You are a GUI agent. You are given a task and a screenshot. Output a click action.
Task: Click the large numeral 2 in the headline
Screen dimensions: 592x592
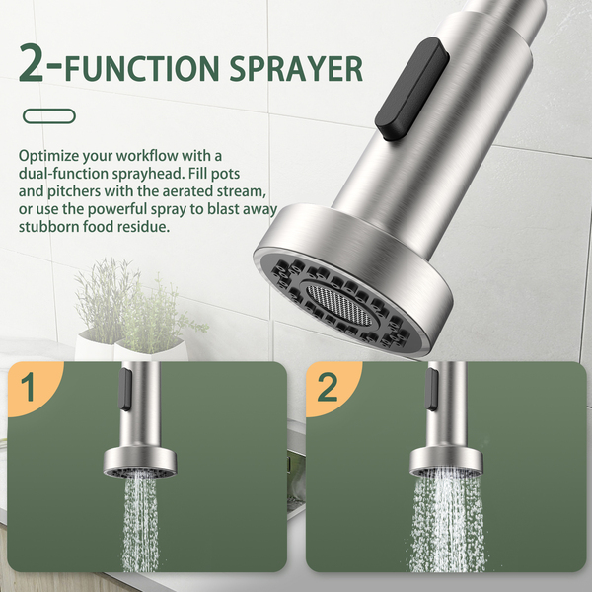(x=32, y=62)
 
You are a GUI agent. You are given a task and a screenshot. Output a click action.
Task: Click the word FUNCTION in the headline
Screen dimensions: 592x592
(x=142, y=69)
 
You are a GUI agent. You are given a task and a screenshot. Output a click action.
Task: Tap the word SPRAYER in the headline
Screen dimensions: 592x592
(x=296, y=69)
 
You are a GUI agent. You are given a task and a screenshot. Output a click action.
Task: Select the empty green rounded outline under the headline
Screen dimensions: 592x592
(x=49, y=116)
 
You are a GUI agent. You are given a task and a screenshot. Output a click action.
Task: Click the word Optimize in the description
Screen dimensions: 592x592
(x=48, y=156)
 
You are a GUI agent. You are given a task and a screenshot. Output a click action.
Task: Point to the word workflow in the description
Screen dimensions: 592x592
(x=148, y=156)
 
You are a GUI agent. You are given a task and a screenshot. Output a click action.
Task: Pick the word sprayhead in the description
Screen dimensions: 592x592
(x=148, y=174)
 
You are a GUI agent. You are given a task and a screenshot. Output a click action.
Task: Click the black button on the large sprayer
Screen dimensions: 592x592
(x=411, y=89)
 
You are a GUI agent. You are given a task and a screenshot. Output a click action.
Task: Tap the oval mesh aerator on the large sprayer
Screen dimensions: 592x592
(x=338, y=304)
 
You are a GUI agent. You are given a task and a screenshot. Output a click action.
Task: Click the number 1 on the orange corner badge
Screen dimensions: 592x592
(x=29, y=387)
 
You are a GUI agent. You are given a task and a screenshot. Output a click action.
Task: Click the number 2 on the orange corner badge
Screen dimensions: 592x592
(x=327, y=387)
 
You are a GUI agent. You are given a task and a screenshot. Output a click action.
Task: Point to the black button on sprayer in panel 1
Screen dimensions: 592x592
(x=125, y=390)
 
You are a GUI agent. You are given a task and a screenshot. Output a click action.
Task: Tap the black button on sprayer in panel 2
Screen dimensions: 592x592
(x=431, y=390)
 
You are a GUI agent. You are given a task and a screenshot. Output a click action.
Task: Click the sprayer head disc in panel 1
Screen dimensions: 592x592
(x=140, y=463)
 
